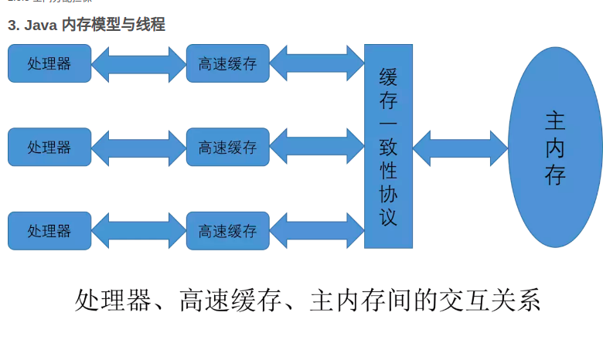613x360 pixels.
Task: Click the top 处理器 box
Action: point(49,63)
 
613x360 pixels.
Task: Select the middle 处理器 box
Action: point(49,147)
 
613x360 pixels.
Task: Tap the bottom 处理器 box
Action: point(49,230)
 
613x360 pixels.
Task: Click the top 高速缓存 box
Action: point(227,63)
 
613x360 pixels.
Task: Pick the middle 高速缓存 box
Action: point(227,147)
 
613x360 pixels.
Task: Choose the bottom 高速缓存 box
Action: point(227,230)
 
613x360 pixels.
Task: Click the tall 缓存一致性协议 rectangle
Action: point(388,146)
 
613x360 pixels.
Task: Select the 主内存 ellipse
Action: point(555,147)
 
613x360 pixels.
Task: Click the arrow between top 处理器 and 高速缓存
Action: point(138,63)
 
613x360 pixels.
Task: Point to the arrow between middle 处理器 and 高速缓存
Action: point(138,147)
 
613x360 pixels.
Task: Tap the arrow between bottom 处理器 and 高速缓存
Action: point(138,230)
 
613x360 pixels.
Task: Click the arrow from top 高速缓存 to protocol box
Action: point(317,63)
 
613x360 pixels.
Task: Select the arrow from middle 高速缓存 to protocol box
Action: point(317,147)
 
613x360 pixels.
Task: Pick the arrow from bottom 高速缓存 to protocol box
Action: point(317,230)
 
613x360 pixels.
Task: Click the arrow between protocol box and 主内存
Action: point(460,147)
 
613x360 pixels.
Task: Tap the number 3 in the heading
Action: point(12,25)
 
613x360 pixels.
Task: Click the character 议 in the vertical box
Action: point(388,216)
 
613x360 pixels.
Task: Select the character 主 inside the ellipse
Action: point(555,121)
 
